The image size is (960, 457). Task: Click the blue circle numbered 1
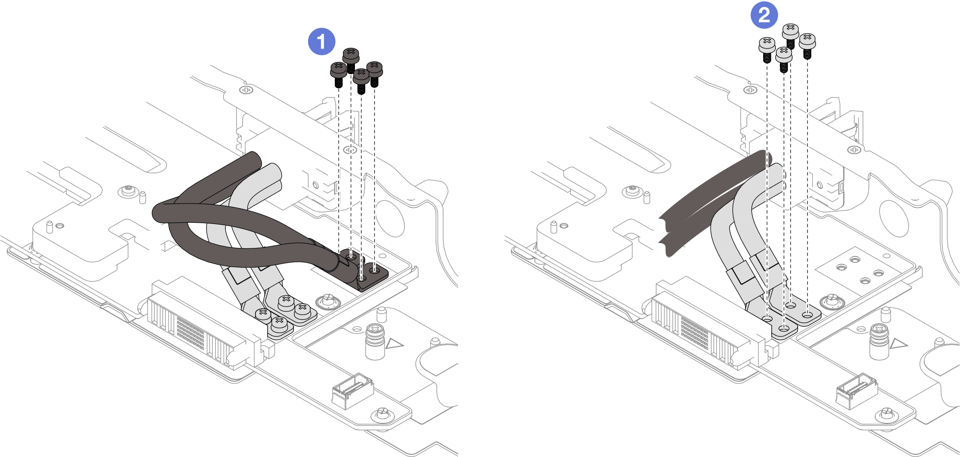[321, 42]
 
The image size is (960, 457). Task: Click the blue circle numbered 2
[764, 15]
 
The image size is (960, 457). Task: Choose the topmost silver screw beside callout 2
[790, 32]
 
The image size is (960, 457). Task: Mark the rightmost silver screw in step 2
[807, 43]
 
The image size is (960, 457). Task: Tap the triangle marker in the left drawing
[393, 343]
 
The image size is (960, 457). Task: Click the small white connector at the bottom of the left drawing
[352, 390]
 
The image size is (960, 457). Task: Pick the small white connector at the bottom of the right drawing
[856, 390]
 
